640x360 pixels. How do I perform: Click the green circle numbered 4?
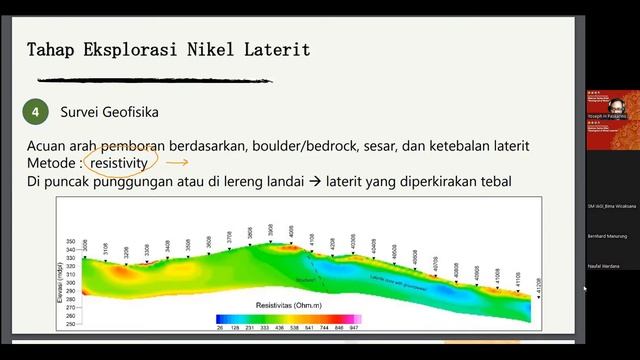(36, 112)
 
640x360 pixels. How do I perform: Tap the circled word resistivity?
(119, 162)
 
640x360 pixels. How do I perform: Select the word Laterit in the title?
(276, 49)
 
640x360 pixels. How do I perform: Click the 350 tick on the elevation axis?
(70, 242)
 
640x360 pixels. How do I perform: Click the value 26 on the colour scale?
(219, 326)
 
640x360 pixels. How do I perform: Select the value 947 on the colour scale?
(354, 326)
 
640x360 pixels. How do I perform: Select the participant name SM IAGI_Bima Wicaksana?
(612, 205)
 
